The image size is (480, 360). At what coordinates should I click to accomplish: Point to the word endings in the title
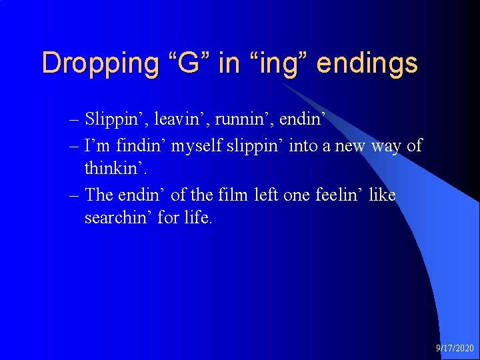click(367, 64)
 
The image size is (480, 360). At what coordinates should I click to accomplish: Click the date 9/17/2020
click(455, 349)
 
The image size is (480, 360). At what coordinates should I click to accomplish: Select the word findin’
click(143, 145)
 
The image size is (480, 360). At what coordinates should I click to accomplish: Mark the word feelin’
click(339, 195)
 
